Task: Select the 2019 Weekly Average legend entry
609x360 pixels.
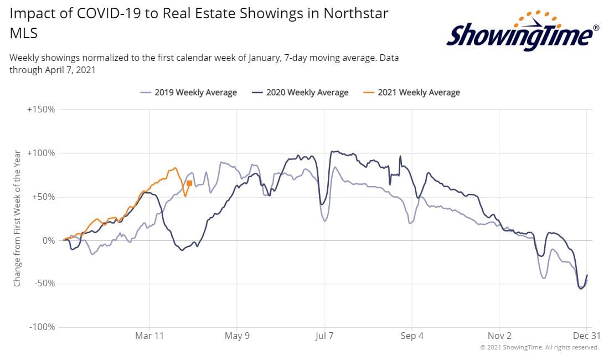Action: coord(189,92)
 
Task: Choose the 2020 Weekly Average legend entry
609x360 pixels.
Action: coord(300,92)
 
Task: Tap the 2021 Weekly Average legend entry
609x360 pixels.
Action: coord(412,92)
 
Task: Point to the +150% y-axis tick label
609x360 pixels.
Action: coord(41,110)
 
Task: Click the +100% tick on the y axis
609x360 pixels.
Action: coord(41,153)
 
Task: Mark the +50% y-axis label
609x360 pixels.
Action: coord(44,197)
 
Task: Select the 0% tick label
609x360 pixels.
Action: coord(49,241)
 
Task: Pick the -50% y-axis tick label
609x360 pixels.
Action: coord(45,284)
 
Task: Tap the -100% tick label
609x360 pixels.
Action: coord(42,327)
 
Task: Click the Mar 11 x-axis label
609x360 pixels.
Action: coord(149,336)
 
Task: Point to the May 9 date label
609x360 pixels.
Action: coord(237,336)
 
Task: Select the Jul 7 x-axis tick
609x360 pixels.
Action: coord(324,336)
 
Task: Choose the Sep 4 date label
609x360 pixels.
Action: coord(412,336)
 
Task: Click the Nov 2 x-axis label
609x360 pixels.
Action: coord(499,336)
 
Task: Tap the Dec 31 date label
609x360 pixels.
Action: coord(587,336)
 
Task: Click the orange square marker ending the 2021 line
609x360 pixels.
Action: coord(189,183)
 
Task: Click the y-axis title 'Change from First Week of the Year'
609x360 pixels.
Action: coord(17,219)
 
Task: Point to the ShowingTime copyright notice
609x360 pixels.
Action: coord(539,347)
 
